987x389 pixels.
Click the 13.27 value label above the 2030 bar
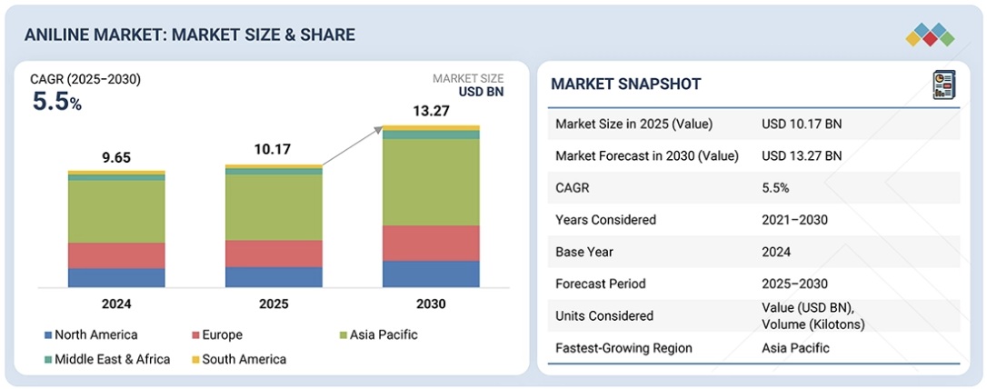pos(431,112)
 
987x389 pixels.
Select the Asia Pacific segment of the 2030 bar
pos(431,182)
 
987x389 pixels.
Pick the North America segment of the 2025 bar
pos(274,277)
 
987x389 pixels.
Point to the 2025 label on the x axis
pos(274,304)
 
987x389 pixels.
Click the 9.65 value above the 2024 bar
pos(116,157)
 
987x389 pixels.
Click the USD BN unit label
pos(481,91)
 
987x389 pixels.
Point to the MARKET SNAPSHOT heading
pos(625,85)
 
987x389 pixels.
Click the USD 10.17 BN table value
pos(802,124)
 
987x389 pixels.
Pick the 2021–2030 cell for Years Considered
pos(795,220)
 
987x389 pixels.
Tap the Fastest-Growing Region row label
pos(623,348)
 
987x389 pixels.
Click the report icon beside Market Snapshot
pos(944,85)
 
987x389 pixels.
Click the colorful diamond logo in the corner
pos(930,35)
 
